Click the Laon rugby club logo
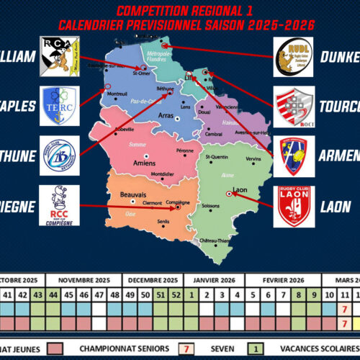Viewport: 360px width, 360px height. coord(294,206)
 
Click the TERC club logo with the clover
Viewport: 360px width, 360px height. coord(60,106)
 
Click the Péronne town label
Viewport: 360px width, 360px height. coord(185,150)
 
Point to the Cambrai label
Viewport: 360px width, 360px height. coord(214,134)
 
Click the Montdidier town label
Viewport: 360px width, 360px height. coord(163,174)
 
